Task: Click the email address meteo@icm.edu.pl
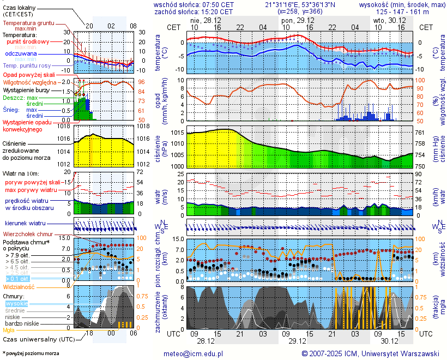coord(194,353)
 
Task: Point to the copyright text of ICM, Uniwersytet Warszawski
coord(371,353)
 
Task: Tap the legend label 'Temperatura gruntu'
coord(28,23)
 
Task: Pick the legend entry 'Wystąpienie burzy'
coord(26,89)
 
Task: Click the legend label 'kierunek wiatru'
coord(26,223)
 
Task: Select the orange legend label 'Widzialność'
coord(19,286)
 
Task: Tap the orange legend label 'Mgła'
coord(9,330)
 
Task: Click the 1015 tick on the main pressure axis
coord(177,133)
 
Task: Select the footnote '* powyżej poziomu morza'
coord(31,353)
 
